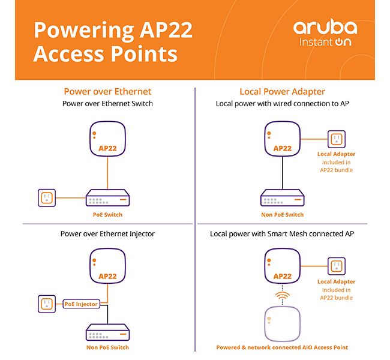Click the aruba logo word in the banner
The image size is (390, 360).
click(x=325, y=28)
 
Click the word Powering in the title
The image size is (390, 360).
click(x=85, y=31)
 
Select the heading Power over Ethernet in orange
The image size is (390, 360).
click(x=107, y=92)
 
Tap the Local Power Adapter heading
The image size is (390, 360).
click(x=283, y=92)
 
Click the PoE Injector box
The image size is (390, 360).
click(x=81, y=304)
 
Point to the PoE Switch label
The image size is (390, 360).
click(x=107, y=215)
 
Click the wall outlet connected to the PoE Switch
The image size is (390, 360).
click(x=47, y=198)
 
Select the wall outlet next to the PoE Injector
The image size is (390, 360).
click(x=47, y=304)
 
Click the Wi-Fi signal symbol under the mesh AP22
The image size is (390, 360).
click(x=283, y=295)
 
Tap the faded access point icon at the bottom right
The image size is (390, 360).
click(x=283, y=324)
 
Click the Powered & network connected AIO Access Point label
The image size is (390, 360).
click(x=282, y=347)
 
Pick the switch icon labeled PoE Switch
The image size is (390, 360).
click(x=107, y=198)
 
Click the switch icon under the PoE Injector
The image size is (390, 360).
click(x=107, y=332)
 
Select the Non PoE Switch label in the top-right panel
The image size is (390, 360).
click(x=283, y=215)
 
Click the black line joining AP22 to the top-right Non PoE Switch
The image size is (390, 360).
click(x=283, y=173)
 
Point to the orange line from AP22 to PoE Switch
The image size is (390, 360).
click(x=107, y=173)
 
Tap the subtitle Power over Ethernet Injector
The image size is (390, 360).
click(x=107, y=234)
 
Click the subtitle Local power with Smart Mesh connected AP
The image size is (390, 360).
click(x=282, y=234)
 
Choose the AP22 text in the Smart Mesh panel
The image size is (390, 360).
click(x=283, y=276)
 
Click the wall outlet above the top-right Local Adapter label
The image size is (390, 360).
click(x=337, y=139)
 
